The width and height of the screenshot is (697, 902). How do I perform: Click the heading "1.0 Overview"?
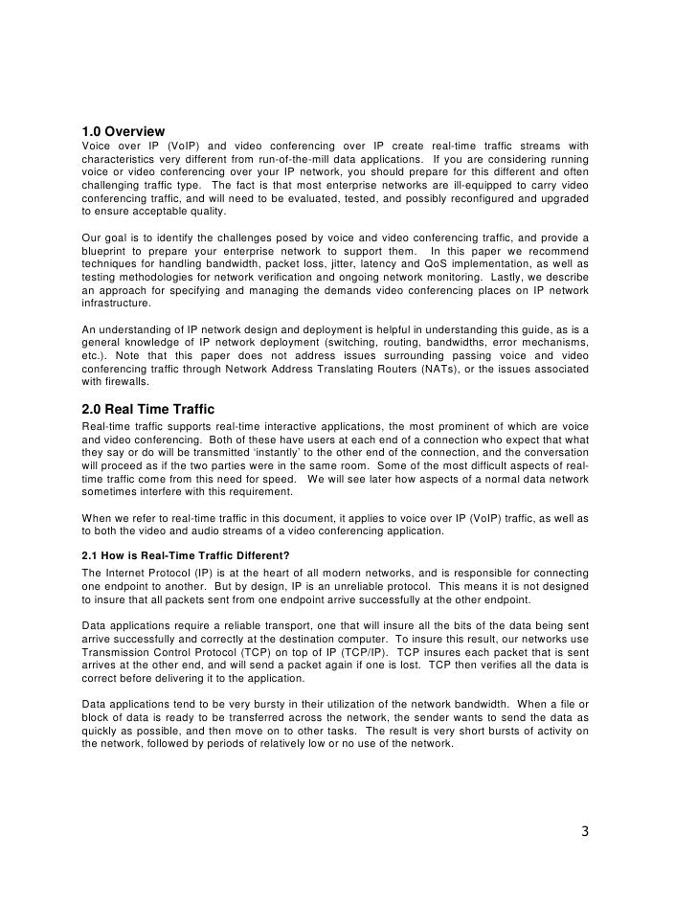click(124, 131)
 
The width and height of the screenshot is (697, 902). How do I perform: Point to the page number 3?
click(584, 831)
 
